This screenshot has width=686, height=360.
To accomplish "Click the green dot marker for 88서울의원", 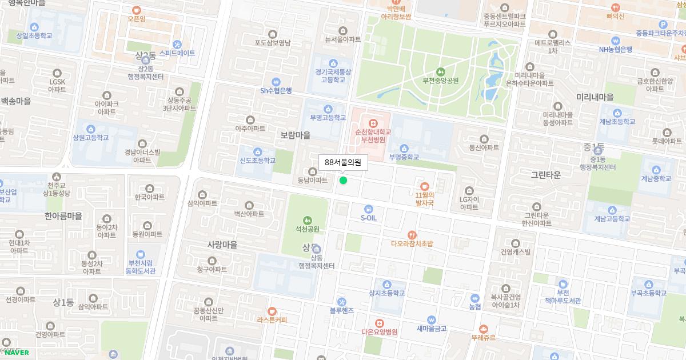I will tap(343, 181).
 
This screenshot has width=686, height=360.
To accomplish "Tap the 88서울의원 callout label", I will tap(343, 162).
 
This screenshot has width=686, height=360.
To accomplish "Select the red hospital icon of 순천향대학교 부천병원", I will tap(373, 123).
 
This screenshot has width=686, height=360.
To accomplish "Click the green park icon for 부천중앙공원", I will tap(440, 72).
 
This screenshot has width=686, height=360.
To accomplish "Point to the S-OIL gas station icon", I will tap(369, 209).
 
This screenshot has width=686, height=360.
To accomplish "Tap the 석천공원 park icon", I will tap(308, 220).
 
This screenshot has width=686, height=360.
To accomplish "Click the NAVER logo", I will tap(17, 352).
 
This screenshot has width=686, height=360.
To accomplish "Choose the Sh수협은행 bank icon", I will tap(276, 82).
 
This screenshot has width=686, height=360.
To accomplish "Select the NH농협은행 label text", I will tap(615, 49).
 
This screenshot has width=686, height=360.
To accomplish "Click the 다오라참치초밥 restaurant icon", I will tap(412, 235).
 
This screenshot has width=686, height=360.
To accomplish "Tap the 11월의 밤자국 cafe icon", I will tap(424, 186).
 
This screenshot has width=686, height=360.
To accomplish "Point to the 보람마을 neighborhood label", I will tap(296, 135).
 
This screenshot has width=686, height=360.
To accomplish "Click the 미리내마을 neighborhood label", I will tap(595, 97).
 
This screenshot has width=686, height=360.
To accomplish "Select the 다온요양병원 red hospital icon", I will tap(379, 323).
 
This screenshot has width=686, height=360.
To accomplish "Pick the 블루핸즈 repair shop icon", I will tap(341, 302).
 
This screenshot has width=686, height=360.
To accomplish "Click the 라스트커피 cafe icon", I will tap(272, 311).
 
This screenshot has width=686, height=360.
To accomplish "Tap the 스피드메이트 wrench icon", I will tap(177, 45).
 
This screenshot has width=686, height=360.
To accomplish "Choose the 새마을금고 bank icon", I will tap(431, 320).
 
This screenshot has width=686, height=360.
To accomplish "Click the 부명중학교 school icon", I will tap(404, 149).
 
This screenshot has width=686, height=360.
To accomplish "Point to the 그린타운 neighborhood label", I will tap(546, 174).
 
